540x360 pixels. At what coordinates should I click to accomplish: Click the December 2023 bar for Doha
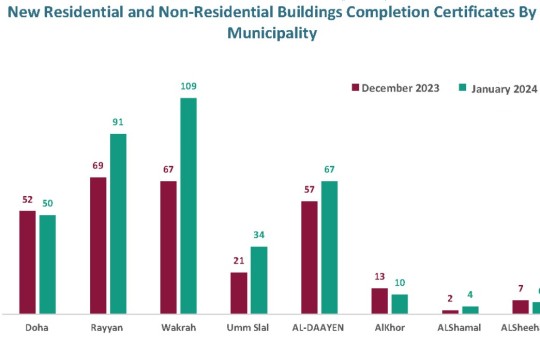click(x=27, y=263)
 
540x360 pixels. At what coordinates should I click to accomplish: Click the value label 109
click(x=189, y=87)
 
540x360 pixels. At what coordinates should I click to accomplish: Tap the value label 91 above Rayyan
click(x=118, y=123)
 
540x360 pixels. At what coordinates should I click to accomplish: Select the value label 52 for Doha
click(x=28, y=200)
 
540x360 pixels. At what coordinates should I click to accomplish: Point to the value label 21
click(x=238, y=261)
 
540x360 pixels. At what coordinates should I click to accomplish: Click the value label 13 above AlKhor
click(x=380, y=277)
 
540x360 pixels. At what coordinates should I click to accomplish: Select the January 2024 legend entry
click(x=498, y=88)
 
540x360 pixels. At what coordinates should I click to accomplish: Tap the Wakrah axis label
click(x=178, y=328)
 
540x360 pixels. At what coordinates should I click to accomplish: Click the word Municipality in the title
click(x=273, y=33)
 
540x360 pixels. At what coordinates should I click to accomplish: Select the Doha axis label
click(x=37, y=328)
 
